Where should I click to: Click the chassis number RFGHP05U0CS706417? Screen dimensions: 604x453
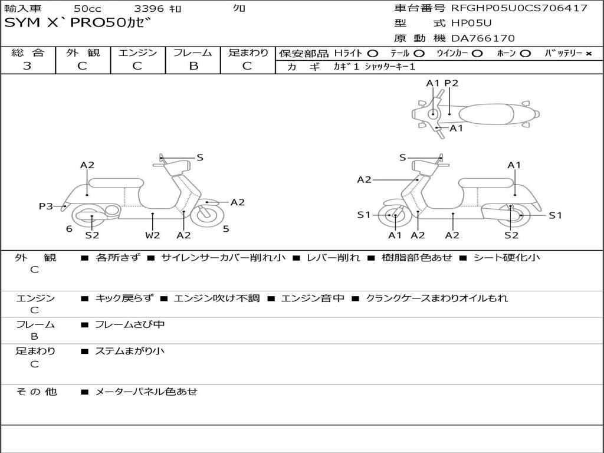[x=519, y=8]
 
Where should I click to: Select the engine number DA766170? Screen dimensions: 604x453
[x=483, y=38]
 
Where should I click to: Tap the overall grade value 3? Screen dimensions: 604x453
[x=27, y=66]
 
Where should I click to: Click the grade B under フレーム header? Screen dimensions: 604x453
[x=193, y=66]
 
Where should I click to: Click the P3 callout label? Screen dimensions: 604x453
[x=46, y=206]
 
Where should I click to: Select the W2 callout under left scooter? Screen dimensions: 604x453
[x=153, y=235]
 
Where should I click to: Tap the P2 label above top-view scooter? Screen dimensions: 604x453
[x=451, y=83]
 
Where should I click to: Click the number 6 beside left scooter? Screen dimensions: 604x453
[x=70, y=229]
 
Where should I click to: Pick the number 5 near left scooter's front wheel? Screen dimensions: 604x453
[x=226, y=229]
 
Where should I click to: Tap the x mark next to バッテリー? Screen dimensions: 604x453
[x=589, y=54]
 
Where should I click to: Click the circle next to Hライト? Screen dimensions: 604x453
[x=373, y=54]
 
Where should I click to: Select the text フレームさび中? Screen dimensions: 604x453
[x=130, y=325]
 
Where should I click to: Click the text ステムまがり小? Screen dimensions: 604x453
[x=130, y=351]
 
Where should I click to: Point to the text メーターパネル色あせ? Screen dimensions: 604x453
[x=146, y=392]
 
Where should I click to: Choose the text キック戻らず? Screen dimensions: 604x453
[x=124, y=298]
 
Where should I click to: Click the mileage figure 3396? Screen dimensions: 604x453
[x=149, y=8]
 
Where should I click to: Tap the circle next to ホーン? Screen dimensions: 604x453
[x=525, y=54]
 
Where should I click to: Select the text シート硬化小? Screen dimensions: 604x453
[x=507, y=257]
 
